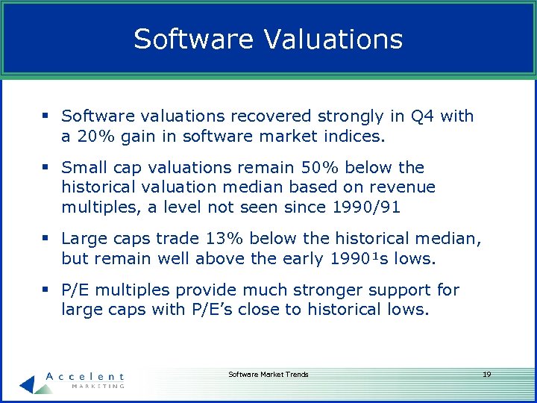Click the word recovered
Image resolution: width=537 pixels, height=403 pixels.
pos(273,116)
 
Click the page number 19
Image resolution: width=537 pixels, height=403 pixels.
pos(486,374)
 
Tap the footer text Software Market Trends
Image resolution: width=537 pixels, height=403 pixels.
pos(268,374)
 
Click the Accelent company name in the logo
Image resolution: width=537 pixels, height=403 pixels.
pos(84,377)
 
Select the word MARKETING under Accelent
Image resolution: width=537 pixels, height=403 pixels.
pos(97,386)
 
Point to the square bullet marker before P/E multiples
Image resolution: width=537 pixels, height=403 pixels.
pos(46,289)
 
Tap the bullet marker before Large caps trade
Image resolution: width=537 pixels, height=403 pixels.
pos(46,238)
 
